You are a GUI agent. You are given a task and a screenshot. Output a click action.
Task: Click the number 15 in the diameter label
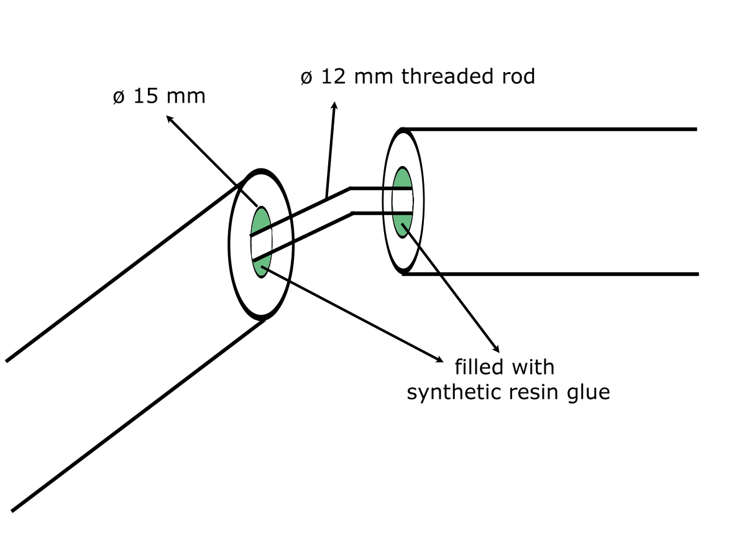pos(145,98)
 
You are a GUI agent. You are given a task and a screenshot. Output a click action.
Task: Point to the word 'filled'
pos(479,367)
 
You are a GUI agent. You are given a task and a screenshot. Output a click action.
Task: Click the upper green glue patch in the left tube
pos(260,220)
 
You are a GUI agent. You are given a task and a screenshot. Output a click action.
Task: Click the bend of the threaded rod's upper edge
pos(351,188)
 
